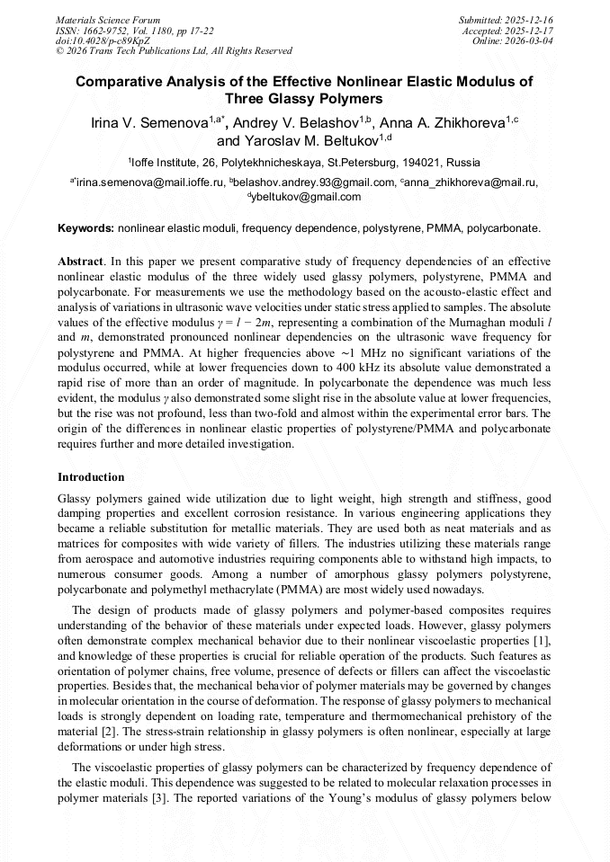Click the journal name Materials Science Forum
pos(108,20)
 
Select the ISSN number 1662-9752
pos(109,31)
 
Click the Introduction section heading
pos(91,477)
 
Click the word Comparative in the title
pos(126,82)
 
